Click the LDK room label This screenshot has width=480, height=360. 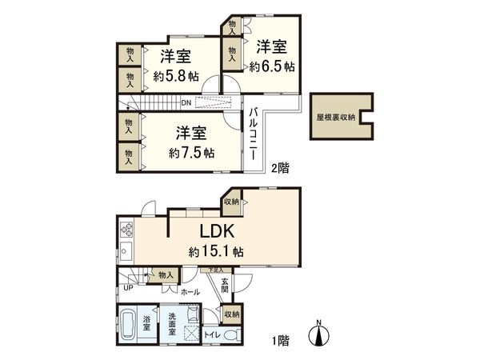pyautogui.click(x=216, y=231)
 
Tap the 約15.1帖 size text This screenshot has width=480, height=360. pyautogui.click(x=216, y=251)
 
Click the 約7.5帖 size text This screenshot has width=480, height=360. pyautogui.click(x=191, y=152)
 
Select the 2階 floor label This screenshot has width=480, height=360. pyautogui.click(x=279, y=168)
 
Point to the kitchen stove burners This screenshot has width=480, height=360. pyautogui.click(x=126, y=231)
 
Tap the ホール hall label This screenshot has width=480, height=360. pyautogui.click(x=190, y=293)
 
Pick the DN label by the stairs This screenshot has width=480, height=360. pyautogui.click(x=185, y=103)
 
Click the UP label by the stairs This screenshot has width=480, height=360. pyautogui.click(x=127, y=288)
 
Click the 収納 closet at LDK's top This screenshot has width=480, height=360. pyautogui.click(x=231, y=202)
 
